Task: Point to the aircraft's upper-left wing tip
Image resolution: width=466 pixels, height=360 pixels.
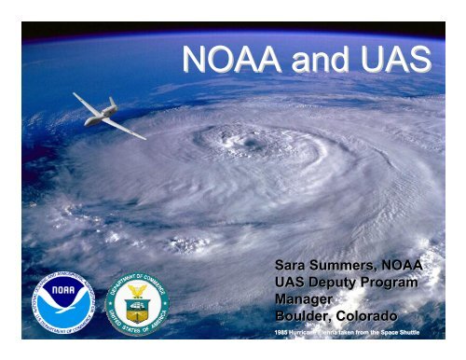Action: (75, 94)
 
